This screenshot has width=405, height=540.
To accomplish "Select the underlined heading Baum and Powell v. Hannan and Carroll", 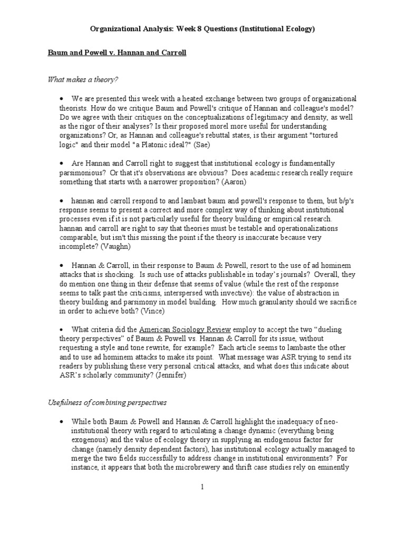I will point(117,53).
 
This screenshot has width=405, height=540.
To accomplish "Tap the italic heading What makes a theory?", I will point(83,80).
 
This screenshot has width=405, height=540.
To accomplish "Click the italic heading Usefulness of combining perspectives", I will point(107,402).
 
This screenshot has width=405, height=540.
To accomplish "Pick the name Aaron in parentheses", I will point(234,182).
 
